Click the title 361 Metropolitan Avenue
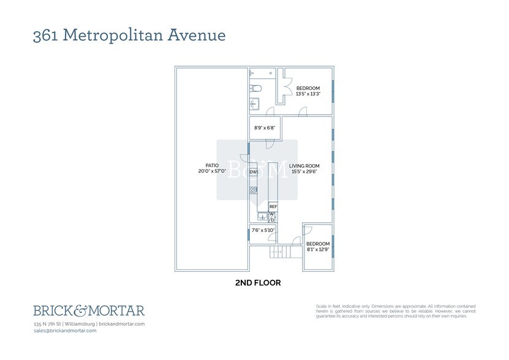pyautogui.click(x=129, y=35)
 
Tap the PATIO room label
pyautogui.click(x=213, y=165)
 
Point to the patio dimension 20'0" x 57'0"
pyautogui.click(x=213, y=171)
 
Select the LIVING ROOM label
pyautogui.click(x=304, y=165)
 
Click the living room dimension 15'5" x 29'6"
pyautogui.click(x=304, y=171)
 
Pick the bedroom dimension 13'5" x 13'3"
pyautogui.click(x=308, y=94)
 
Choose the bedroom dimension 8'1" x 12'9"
pyautogui.click(x=318, y=249)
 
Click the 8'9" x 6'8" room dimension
pyautogui.click(x=265, y=128)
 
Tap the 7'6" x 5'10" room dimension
pyautogui.click(x=263, y=230)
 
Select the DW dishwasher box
pyautogui.click(x=253, y=173)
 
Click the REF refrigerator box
pyautogui.click(x=273, y=207)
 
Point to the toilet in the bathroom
pyautogui.click(x=255, y=88)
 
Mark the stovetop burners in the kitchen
pyautogui.click(x=253, y=190)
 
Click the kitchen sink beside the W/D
pyautogui.click(x=262, y=216)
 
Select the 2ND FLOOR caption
pyautogui.click(x=258, y=283)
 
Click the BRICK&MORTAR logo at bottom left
pyautogui.click(x=89, y=310)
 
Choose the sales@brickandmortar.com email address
pyautogui.click(x=65, y=331)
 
